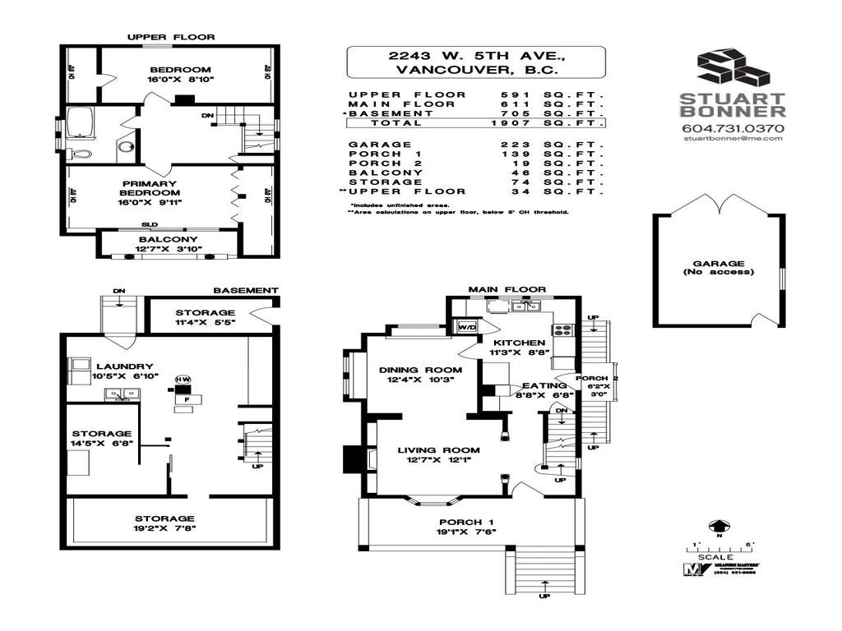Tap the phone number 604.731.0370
[x=733, y=128]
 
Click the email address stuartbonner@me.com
[x=733, y=139]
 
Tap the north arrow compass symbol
[x=719, y=527]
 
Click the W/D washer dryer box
[x=466, y=326]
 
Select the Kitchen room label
[x=518, y=343]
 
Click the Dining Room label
[x=420, y=370]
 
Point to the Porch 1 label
[x=465, y=523]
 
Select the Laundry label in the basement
[x=124, y=366]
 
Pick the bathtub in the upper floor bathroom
[x=81, y=122]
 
